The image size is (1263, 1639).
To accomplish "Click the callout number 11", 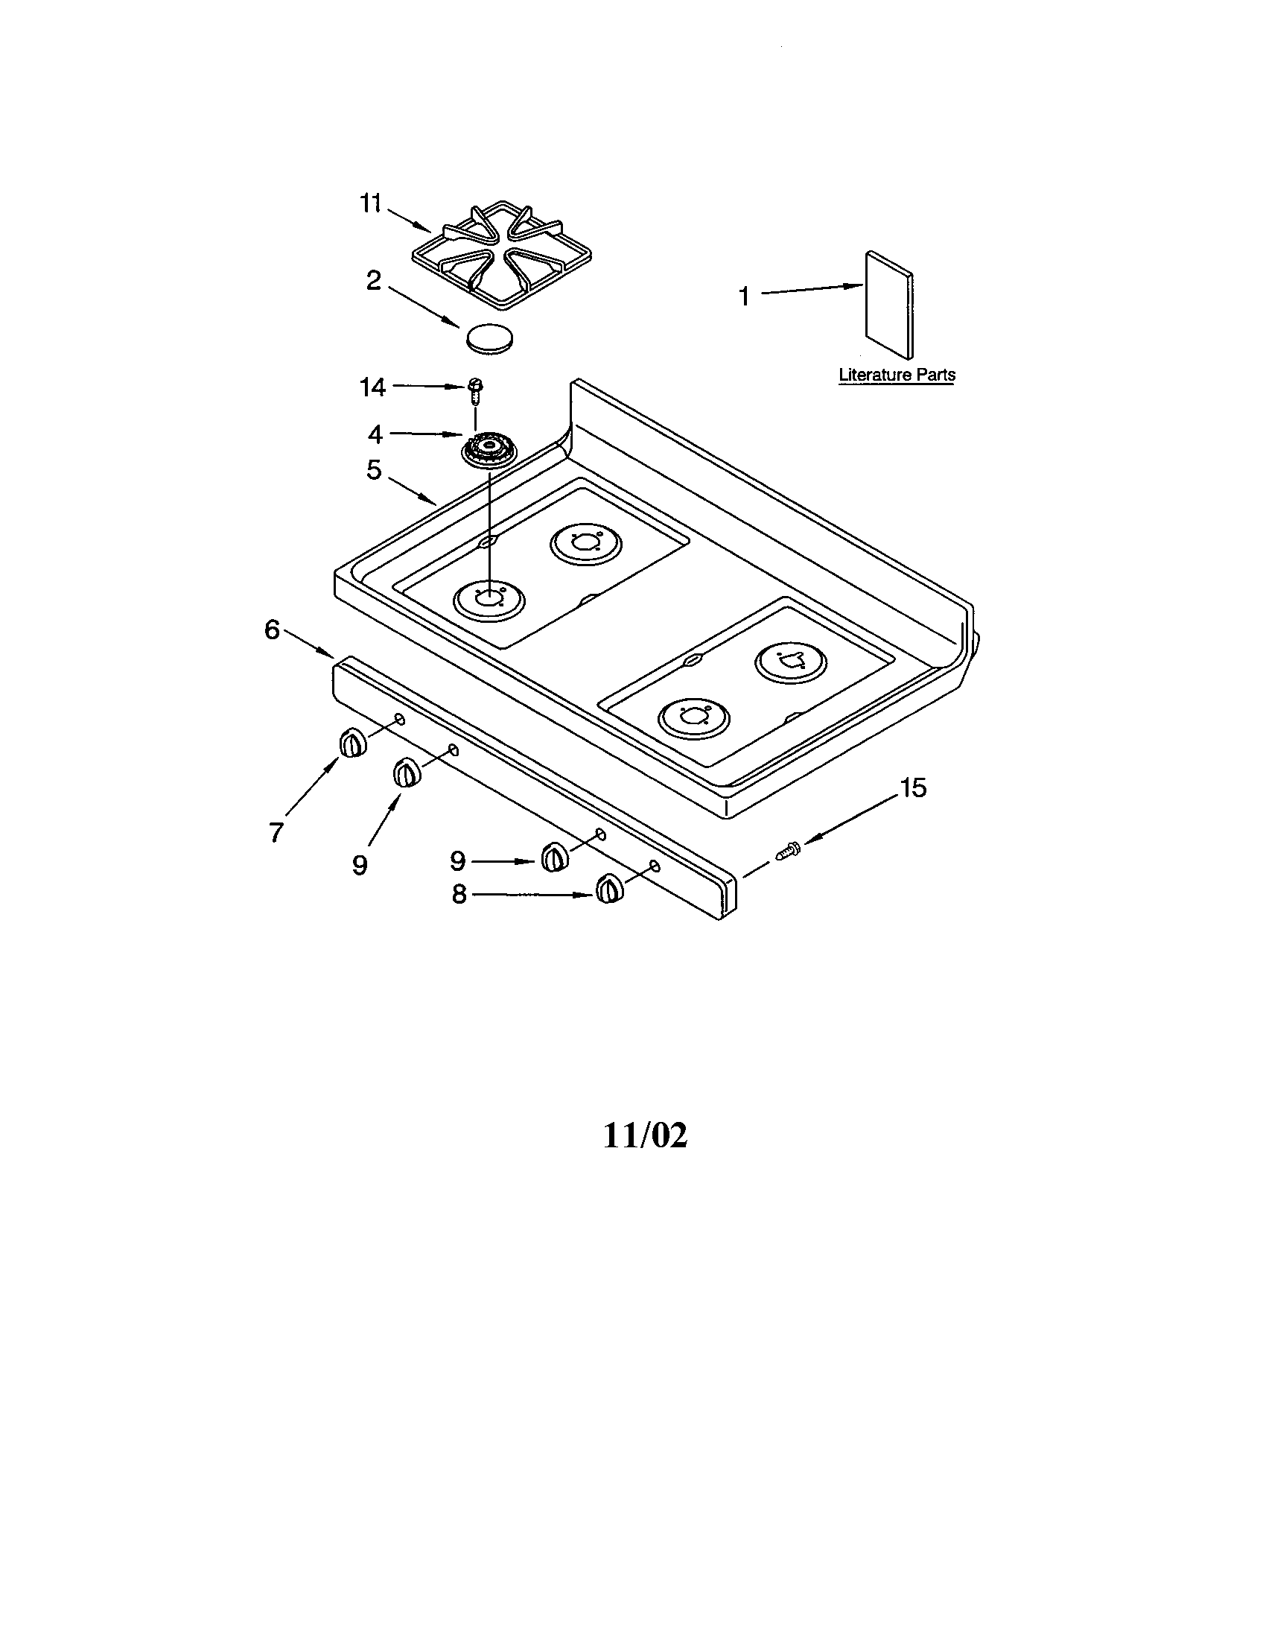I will click(371, 203).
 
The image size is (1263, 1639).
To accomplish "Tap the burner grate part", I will click(486, 257).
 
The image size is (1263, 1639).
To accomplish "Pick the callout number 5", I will click(374, 471).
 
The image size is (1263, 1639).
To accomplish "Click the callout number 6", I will click(272, 630).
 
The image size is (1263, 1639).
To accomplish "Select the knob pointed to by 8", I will click(609, 890).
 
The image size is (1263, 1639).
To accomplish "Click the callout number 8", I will click(459, 894).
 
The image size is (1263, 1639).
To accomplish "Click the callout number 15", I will click(913, 788).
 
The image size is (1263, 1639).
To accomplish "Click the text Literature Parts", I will click(897, 374).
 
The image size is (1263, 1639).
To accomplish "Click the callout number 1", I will click(744, 297).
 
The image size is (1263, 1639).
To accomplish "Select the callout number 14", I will click(372, 387).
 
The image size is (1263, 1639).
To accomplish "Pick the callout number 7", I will click(276, 831).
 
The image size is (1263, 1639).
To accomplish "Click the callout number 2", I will click(374, 282).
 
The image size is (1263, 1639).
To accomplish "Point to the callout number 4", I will click(375, 434).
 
